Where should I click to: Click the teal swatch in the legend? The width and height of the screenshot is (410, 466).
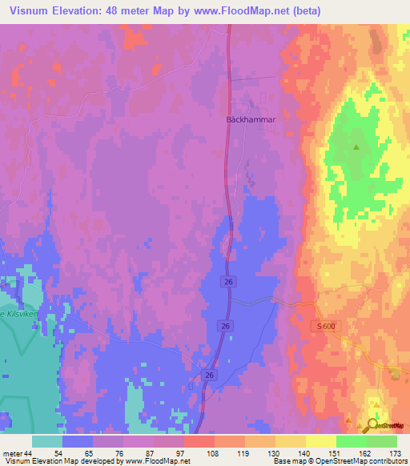pyautogui.click(x=47, y=442)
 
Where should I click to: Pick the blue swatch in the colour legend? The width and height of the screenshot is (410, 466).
pyautogui.click(x=78, y=442)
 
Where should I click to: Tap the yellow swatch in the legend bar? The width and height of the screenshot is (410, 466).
pyautogui.click(x=321, y=442)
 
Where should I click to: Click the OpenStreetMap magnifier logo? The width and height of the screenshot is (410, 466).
pyautogui.click(x=373, y=425)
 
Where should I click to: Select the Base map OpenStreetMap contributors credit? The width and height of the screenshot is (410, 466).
pyautogui.click(x=339, y=461)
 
